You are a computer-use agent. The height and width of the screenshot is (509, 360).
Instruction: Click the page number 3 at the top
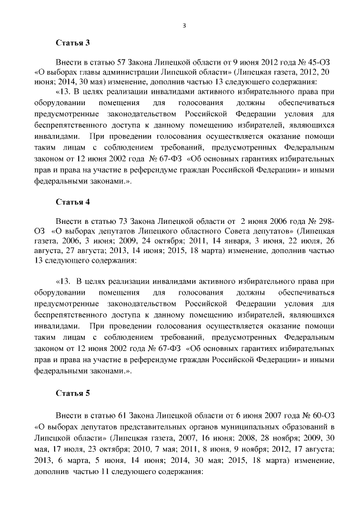184,25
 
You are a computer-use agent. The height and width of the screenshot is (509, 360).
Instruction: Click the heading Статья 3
73,43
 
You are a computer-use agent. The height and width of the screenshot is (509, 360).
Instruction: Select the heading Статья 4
73,201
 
